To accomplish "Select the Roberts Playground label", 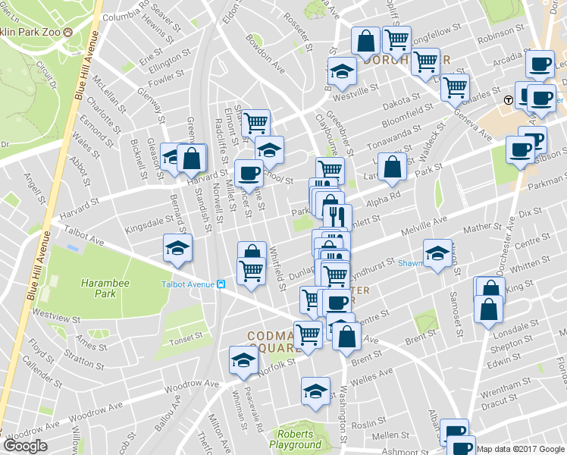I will [299, 440].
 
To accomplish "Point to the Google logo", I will [25, 446].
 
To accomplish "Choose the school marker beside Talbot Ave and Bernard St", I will [178, 248].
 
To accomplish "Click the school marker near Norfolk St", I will [243, 360].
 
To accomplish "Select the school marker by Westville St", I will [342, 71].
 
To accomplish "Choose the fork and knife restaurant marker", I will [337, 215].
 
